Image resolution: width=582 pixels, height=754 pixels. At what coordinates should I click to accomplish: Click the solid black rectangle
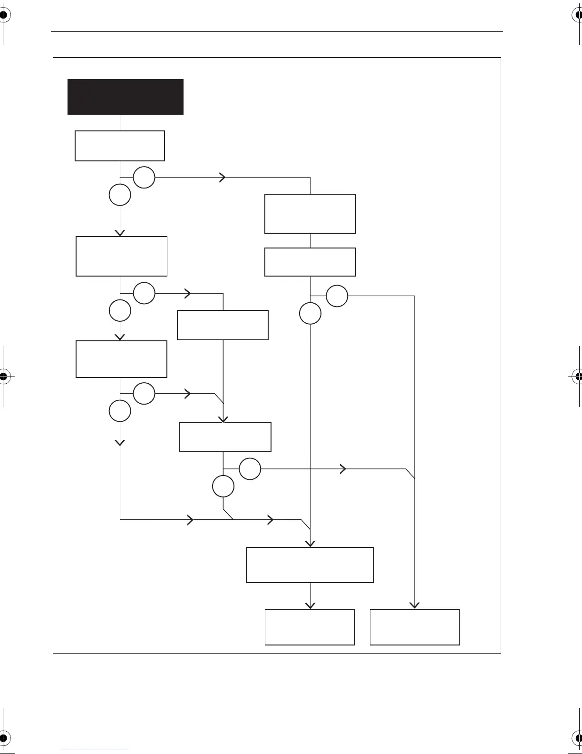pyautogui.click(x=126, y=97)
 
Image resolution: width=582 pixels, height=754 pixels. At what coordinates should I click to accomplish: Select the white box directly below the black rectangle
pyautogui.click(x=120, y=146)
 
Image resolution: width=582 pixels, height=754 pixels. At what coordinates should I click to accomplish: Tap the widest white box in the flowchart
pyautogui.click(x=310, y=565)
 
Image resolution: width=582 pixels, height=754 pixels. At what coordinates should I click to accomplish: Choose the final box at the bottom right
pyautogui.click(x=415, y=627)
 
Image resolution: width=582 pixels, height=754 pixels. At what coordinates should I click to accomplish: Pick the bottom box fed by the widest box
pyautogui.click(x=310, y=627)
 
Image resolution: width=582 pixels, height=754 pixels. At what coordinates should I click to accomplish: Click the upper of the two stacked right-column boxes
pyautogui.click(x=310, y=214)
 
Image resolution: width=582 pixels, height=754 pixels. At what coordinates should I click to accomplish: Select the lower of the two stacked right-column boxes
pyautogui.click(x=310, y=262)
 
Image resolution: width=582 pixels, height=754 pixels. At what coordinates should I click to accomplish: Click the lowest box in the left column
pyautogui.click(x=121, y=359)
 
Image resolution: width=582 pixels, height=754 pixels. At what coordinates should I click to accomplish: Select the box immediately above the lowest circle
pyautogui.click(x=225, y=437)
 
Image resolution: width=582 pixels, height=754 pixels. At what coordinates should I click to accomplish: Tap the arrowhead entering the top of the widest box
pyautogui.click(x=310, y=544)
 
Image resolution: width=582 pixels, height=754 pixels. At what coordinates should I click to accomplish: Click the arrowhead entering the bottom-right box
pyautogui.click(x=415, y=605)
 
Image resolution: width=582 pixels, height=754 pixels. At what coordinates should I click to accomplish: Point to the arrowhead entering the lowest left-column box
pyautogui.click(x=120, y=337)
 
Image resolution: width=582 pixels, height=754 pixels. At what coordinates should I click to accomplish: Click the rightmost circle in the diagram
pyautogui.click(x=337, y=296)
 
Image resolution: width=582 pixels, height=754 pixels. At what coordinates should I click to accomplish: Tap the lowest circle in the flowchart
pyautogui.click(x=223, y=486)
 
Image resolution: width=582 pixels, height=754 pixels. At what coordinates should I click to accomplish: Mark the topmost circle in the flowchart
pyautogui.click(x=144, y=178)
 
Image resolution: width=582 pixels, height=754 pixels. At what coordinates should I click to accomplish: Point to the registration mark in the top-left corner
pyautogui.click(x=3, y=15)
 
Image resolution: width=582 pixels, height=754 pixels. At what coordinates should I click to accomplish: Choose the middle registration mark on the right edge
pyautogui.click(x=578, y=376)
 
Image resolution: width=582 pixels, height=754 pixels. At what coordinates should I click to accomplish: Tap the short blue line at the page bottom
pyautogui.click(x=94, y=750)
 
